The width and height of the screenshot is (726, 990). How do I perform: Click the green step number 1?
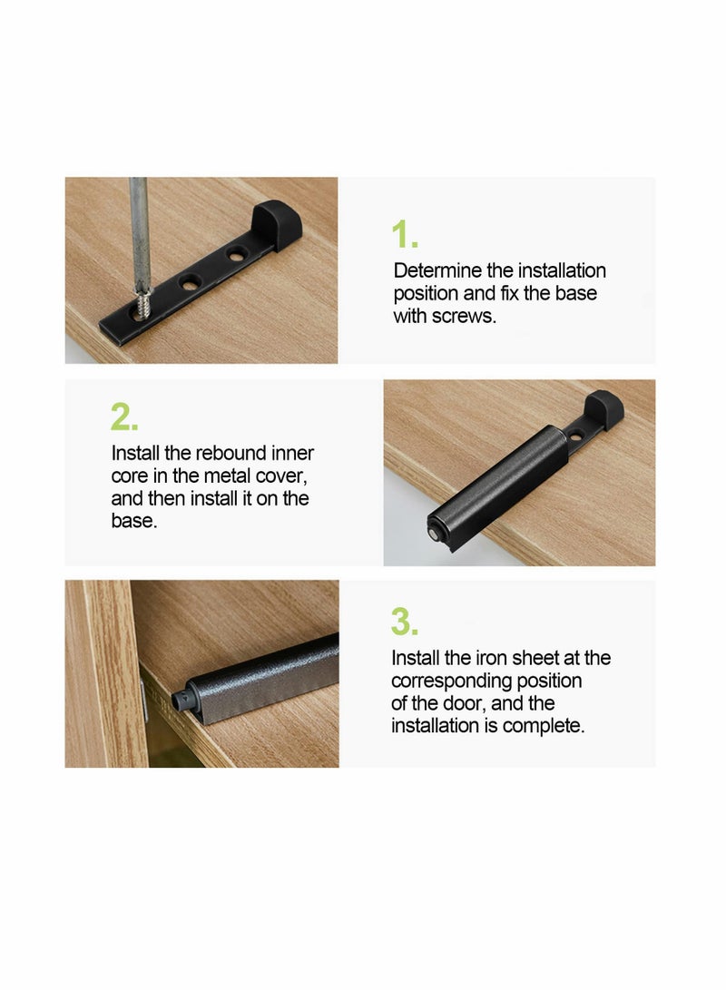(x=404, y=235)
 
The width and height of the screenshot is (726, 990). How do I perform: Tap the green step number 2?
(x=124, y=417)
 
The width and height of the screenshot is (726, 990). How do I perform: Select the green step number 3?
(x=405, y=622)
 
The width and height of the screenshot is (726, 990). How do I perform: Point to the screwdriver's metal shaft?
(x=139, y=227)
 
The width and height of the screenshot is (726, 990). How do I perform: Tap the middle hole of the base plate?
(x=191, y=283)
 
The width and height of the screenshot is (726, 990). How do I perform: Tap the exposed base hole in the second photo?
(x=575, y=436)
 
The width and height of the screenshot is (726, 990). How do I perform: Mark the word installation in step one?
(x=559, y=270)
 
